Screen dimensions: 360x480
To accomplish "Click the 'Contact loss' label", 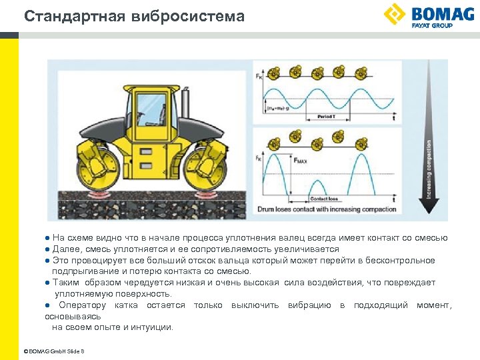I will pyautogui.click(x=324, y=199).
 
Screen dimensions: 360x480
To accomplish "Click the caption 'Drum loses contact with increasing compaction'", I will pyautogui.click(x=327, y=209).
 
